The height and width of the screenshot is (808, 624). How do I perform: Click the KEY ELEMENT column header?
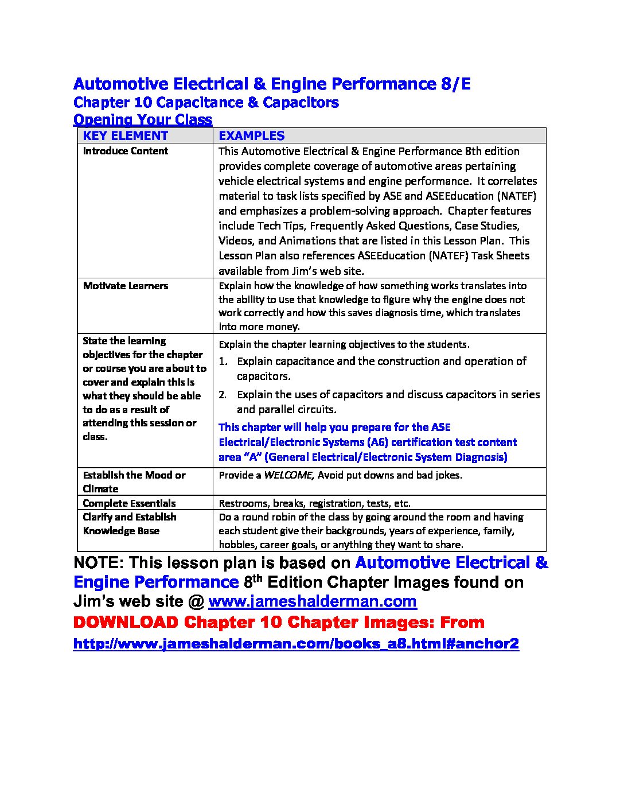point(125,136)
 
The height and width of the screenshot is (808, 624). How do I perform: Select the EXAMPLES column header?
point(251,136)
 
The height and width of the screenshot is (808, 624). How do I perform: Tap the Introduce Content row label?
point(125,151)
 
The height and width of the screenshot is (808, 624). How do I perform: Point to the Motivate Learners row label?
point(125,286)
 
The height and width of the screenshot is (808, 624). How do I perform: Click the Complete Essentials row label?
point(129,503)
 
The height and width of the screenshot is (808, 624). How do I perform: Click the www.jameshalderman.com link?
point(312,601)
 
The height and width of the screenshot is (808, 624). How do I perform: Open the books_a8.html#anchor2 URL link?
point(296,643)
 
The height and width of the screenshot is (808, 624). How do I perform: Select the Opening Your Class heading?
point(143,119)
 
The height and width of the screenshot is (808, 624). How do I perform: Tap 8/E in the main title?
point(455,84)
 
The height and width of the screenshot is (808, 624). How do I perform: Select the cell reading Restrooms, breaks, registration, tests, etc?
point(314,503)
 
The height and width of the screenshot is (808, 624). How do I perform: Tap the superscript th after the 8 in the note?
point(258,578)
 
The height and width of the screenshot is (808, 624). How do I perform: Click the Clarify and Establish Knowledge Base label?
point(129,524)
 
